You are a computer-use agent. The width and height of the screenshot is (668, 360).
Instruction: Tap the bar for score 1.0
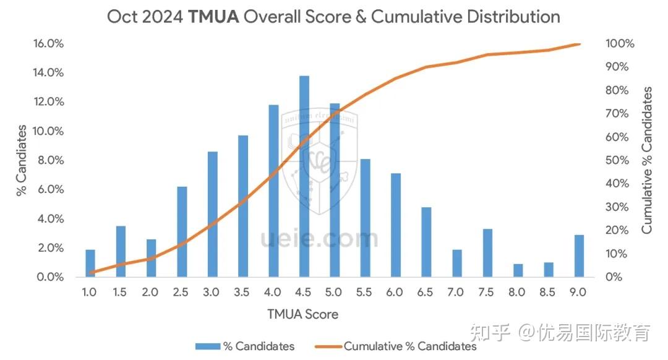90,263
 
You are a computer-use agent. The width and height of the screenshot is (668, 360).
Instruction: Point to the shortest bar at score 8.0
518,270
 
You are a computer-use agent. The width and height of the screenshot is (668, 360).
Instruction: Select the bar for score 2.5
182,231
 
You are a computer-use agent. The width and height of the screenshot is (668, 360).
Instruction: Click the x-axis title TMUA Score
303,314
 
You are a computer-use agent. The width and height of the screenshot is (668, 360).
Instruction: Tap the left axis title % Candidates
22,160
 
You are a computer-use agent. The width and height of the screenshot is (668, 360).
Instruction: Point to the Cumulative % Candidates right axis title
647,160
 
